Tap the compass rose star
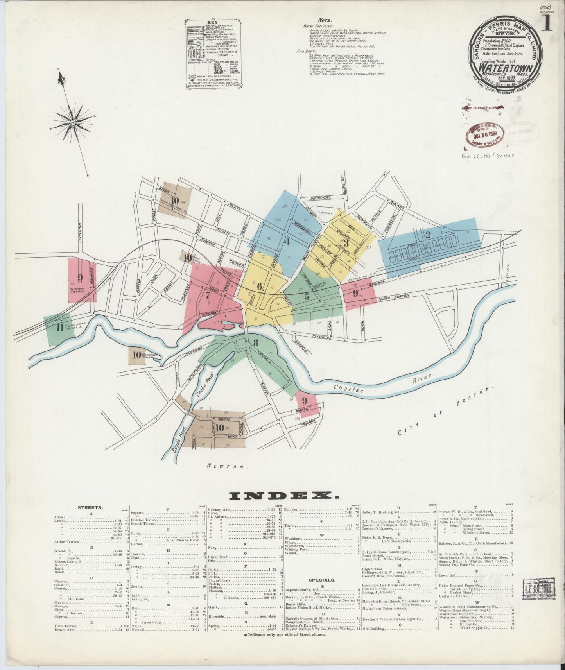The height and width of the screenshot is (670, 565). click(73, 123)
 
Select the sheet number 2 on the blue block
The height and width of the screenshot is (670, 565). click(428, 235)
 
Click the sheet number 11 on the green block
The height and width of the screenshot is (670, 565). click(59, 328)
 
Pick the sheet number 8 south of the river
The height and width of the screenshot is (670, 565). click(256, 343)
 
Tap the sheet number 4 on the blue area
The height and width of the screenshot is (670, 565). click(287, 242)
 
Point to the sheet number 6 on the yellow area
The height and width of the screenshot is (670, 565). click(259, 286)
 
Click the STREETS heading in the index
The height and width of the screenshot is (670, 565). click(90, 507)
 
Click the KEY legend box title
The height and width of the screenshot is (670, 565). click(213, 23)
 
